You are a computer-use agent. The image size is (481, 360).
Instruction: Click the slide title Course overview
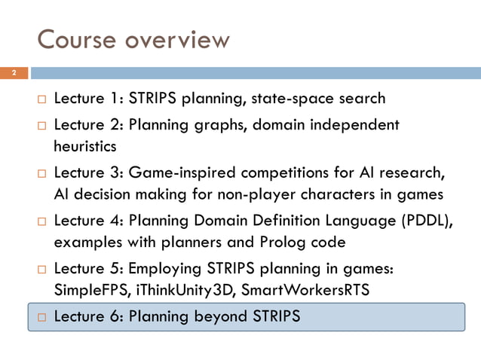[x=133, y=38]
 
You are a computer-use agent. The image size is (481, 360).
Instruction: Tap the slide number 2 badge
[x=14, y=73]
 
